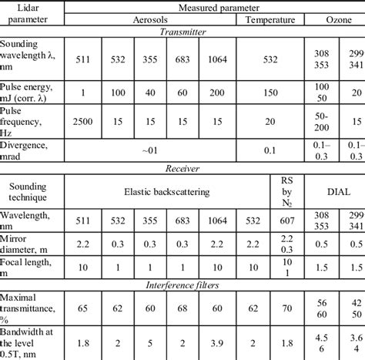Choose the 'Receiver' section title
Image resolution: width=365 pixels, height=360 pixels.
point(182,167)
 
